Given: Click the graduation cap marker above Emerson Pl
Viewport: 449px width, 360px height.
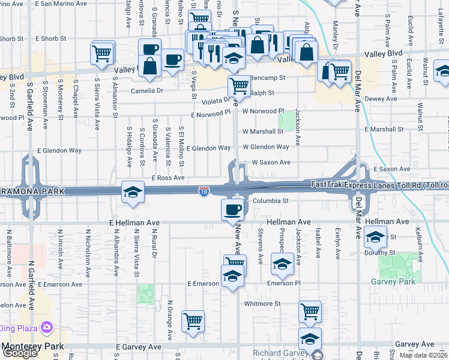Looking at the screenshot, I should (x=282, y=264).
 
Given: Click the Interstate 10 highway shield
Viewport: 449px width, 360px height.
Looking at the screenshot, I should (x=204, y=191).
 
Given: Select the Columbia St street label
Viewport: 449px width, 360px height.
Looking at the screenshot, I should (x=271, y=201).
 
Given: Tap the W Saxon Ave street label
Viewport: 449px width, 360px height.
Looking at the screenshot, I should (x=271, y=163).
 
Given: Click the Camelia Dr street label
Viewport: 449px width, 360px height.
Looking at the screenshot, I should (x=147, y=91).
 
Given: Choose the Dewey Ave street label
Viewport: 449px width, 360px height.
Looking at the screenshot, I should (x=381, y=99).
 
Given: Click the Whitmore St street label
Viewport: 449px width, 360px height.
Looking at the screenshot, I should (x=262, y=304).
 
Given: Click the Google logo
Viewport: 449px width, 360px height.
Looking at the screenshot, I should (x=20, y=353).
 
